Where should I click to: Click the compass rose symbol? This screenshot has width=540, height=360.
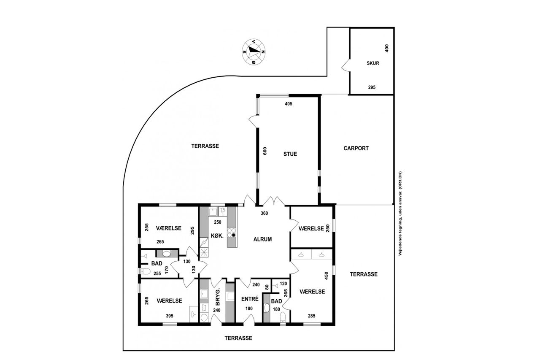[254, 51]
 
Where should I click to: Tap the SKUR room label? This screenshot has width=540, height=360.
[373, 63]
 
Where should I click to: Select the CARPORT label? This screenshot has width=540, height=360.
[356, 148]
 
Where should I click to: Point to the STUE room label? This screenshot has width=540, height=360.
[290, 154]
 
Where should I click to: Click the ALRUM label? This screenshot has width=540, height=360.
[262, 239]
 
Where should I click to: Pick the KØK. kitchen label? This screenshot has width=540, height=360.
[217, 235]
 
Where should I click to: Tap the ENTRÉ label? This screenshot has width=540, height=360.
[250, 299]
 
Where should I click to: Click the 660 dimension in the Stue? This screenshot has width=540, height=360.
[265, 151]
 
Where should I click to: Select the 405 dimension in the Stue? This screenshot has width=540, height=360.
[288, 104]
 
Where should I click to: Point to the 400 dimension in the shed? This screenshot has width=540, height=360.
[387, 48]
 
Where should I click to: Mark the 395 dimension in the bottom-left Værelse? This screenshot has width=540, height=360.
[170, 316]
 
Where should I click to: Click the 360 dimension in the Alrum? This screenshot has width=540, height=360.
[264, 213]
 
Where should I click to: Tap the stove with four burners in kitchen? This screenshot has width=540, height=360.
[232, 233]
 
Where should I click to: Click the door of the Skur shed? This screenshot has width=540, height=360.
[346, 65]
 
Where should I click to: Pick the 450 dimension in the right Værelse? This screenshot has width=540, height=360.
[327, 276]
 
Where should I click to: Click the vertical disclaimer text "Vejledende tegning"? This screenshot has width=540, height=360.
[400, 214]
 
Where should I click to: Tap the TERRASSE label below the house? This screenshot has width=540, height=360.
[238, 338]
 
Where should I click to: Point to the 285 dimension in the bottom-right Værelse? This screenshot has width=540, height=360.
[311, 316]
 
